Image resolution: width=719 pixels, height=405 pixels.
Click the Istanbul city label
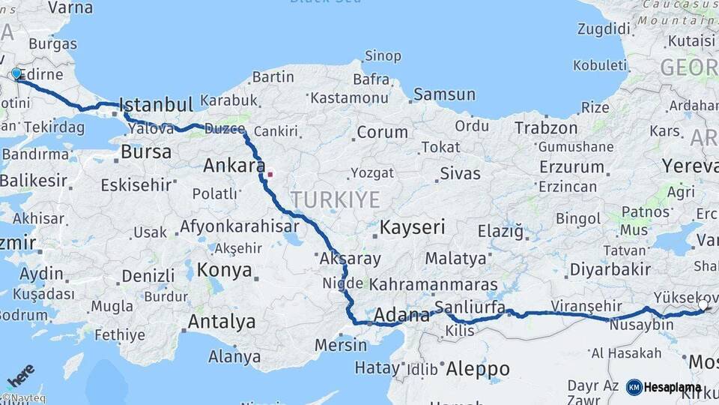[156, 103]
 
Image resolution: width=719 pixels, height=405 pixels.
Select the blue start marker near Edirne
[16, 73]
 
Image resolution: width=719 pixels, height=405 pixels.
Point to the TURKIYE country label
[335, 199]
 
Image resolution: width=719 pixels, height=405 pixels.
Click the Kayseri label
[413, 226]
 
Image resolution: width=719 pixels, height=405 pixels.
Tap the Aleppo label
[477, 368]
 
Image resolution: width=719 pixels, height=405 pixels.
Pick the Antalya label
[221, 322]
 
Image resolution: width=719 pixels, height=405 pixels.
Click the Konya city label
[224, 271]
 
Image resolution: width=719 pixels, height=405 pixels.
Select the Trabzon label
[545, 128]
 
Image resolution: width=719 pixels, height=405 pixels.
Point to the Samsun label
[444, 94]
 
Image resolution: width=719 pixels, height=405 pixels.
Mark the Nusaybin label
[643, 325]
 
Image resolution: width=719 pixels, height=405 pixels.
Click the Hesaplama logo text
[672, 388]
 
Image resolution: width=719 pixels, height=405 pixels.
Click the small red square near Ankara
[270, 174]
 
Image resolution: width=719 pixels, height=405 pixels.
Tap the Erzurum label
[571, 166]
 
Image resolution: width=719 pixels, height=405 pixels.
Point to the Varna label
[70, 8]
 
